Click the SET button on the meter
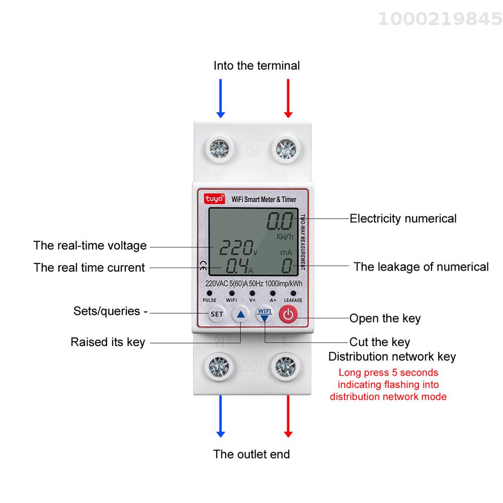point(216,314)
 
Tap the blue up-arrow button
point(240,314)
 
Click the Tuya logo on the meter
point(214,199)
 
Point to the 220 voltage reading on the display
point(236,247)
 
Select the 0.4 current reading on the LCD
point(237,266)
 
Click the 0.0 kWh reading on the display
point(280,221)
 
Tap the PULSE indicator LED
point(209,293)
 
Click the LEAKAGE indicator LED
point(293,293)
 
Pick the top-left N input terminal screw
point(219,149)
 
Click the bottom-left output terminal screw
point(219,366)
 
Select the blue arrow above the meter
point(220,99)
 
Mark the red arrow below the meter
point(288,416)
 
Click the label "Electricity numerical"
point(403,218)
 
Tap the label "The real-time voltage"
point(90,246)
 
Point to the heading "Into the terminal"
point(257,65)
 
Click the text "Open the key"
point(385,318)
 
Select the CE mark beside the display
point(203,266)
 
